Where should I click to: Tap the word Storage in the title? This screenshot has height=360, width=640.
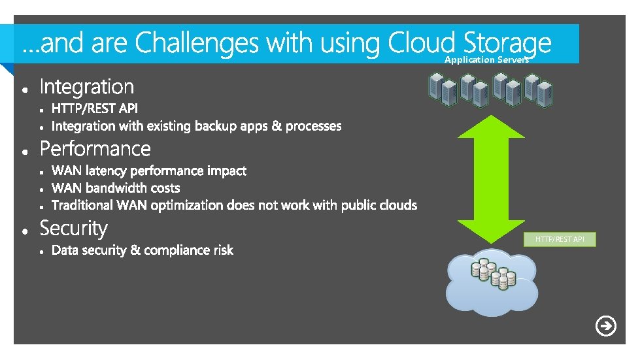507,43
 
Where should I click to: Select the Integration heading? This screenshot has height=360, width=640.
86,87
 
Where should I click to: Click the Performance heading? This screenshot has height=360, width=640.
95,149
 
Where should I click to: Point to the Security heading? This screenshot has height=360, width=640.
73,229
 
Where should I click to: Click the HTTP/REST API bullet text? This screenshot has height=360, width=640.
95,108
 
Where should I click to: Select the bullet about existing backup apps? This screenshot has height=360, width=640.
196,125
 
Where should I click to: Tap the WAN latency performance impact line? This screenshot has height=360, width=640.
148,171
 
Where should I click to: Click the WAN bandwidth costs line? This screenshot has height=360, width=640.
115,188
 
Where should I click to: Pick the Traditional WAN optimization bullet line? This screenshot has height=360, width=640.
233,205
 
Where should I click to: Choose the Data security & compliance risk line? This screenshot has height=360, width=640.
142,250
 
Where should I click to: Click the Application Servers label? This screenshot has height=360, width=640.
486,59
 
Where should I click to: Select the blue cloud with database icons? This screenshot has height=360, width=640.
492,282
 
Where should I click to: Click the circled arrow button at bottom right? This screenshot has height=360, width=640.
606,326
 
